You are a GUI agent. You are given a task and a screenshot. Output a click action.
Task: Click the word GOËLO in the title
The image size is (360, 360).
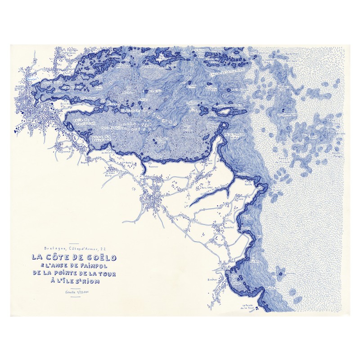[x=99, y=258]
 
